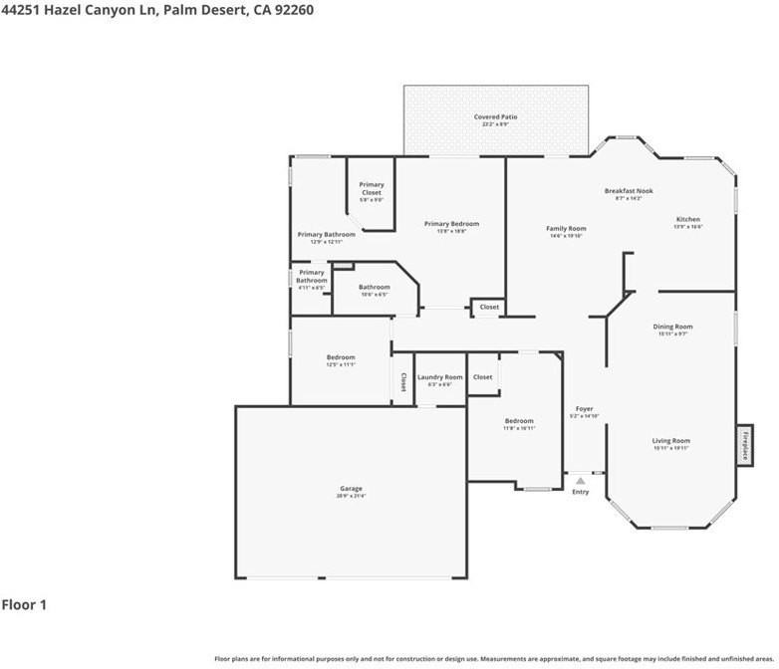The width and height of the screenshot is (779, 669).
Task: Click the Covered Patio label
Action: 495,117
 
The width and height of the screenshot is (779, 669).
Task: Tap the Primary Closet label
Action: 372,188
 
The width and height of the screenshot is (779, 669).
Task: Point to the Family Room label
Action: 566,229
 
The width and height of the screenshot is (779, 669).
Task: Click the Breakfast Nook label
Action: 629,191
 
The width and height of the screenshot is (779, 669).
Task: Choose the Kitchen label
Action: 688,220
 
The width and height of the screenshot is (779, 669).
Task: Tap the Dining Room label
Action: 672,328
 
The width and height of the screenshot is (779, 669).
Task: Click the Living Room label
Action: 671,441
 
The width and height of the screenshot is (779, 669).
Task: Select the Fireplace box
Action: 743,444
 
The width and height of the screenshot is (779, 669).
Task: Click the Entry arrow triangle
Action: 581,480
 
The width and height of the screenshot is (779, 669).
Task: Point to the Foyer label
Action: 585,409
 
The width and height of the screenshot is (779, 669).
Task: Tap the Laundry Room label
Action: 439,378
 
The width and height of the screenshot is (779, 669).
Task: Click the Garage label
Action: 351,489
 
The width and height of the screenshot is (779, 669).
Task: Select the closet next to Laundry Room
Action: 483,377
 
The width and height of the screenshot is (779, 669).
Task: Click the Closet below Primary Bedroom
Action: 489,308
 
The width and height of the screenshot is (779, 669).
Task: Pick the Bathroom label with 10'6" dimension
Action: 375,288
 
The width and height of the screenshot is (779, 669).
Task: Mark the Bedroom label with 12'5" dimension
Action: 341,358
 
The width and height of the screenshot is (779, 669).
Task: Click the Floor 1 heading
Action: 24,604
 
